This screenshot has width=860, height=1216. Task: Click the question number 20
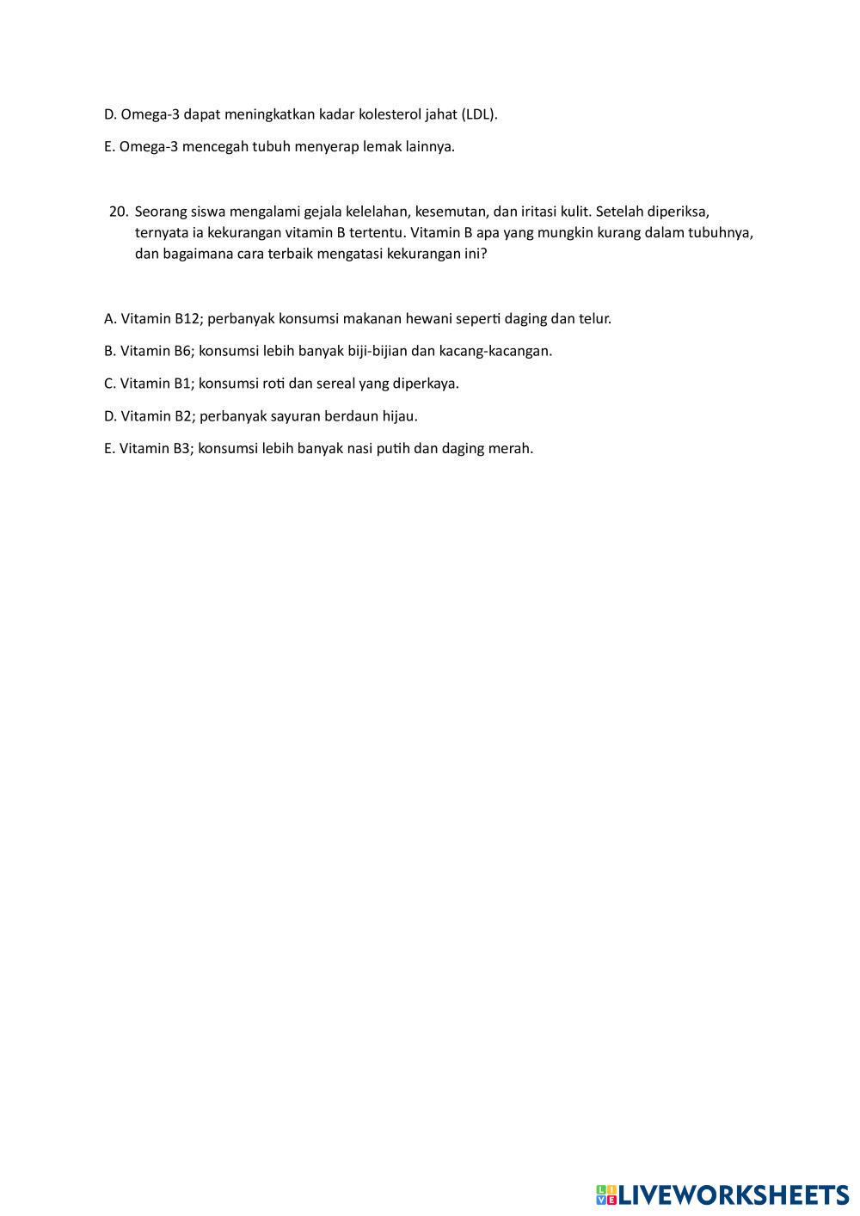(119, 211)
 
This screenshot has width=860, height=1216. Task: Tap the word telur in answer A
(594, 318)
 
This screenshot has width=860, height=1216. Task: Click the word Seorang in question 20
(160, 211)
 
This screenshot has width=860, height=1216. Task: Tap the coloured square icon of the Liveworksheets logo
(606, 1195)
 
